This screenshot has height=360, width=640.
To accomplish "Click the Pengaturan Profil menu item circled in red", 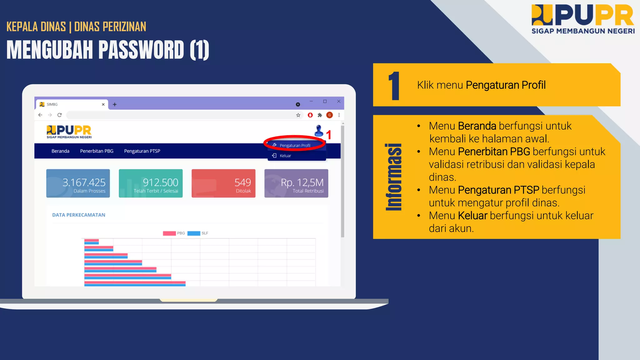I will (295, 145).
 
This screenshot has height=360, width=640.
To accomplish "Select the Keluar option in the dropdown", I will (285, 156).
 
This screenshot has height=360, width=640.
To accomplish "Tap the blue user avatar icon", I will (319, 131).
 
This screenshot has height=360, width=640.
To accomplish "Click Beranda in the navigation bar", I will (60, 151).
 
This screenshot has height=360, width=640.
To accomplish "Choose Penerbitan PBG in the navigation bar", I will (97, 151).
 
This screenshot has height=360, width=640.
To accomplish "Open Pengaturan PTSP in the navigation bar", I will (142, 151).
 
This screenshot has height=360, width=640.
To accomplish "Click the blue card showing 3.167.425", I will (78, 183).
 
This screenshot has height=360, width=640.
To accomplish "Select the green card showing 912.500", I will (151, 183).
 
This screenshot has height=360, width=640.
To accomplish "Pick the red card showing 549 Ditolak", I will (223, 183).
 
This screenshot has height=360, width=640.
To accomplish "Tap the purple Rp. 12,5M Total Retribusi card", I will (296, 183).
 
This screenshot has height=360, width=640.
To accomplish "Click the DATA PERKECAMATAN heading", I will (79, 215).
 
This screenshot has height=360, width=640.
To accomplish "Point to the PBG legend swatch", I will (169, 233).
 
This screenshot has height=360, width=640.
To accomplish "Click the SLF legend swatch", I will (194, 233).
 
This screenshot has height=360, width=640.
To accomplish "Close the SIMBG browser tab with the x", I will (103, 104).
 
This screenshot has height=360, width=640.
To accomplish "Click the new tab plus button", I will (115, 104).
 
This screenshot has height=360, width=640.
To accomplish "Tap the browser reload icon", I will (59, 115).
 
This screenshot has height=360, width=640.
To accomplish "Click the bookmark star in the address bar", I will (298, 115).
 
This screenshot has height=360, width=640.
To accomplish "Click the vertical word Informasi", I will (394, 177).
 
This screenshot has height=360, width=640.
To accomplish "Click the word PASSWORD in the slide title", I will (141, 50).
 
